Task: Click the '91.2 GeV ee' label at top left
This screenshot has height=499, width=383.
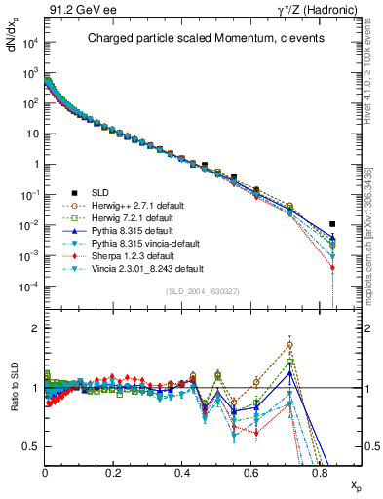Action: (x=75, y=10)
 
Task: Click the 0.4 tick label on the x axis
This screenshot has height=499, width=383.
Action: (x=182, y=472)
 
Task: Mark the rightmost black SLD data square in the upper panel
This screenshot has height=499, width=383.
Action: (x=332, y=224)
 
